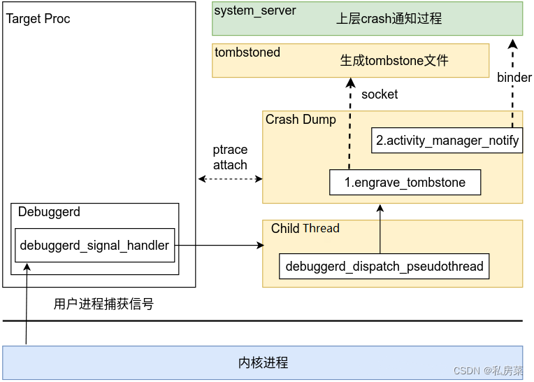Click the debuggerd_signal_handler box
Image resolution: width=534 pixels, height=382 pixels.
94,246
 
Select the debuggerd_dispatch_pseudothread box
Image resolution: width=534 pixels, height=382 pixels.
384,267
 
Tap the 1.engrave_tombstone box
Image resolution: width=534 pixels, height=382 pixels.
405,183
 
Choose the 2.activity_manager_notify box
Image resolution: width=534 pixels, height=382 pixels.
447,141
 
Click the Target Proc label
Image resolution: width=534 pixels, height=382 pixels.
38,19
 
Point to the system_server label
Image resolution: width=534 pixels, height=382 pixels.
254,10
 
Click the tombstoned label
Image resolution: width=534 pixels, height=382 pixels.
247,52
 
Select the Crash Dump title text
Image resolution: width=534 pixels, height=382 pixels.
301,120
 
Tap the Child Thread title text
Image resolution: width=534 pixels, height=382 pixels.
305,229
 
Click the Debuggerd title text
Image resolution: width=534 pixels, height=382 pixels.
49,212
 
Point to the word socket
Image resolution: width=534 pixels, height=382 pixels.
380,94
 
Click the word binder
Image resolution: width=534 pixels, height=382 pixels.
514,78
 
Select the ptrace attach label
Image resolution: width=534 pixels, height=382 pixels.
230,157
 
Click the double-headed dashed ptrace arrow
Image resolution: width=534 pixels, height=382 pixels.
230,180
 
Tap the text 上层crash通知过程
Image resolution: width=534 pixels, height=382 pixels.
389,19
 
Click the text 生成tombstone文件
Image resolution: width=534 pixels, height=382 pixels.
394,61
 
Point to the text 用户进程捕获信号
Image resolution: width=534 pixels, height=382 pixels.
103,304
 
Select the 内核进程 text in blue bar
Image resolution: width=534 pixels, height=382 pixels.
263,363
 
